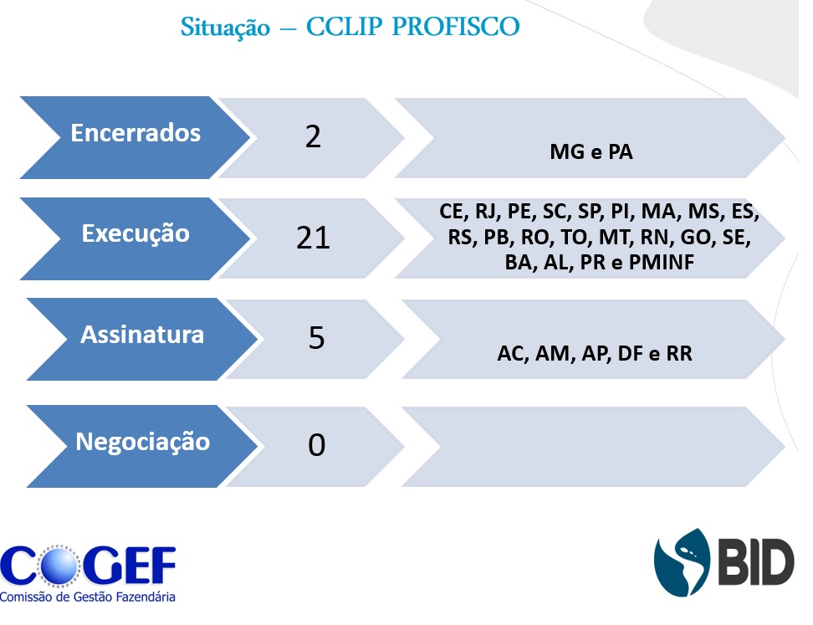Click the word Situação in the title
pos(225,28)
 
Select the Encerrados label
pos(135,133)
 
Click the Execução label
pos(135,234)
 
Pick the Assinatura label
pos(142,335)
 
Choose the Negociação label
pos(142,442)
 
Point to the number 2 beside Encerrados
pos(313,137)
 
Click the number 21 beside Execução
pos(313,238)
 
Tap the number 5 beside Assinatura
pos(316,338)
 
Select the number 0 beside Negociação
pos(316,445)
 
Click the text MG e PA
pos(591,152)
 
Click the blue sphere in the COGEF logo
pos(59,566)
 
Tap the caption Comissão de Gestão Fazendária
pos(88,597)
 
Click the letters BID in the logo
pos(755,561)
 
